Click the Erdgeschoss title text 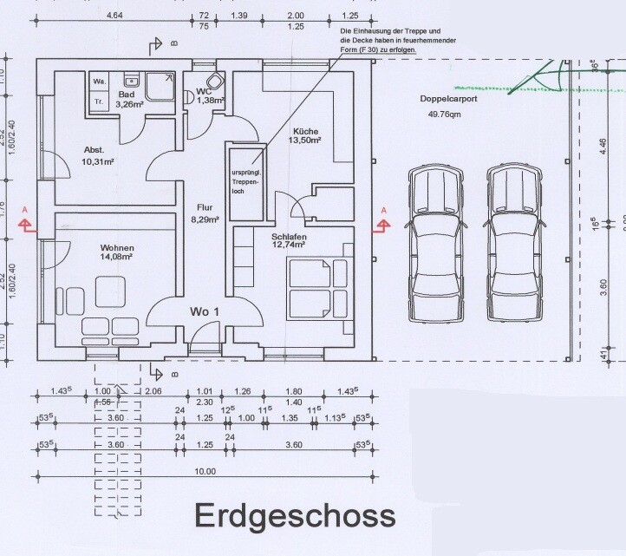tap(294, 514)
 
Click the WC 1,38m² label tap(208, 95)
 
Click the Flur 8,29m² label tap(205, 213)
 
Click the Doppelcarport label tap(443, 100)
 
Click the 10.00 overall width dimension tap(205, 471)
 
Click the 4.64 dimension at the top tap(113, 16)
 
